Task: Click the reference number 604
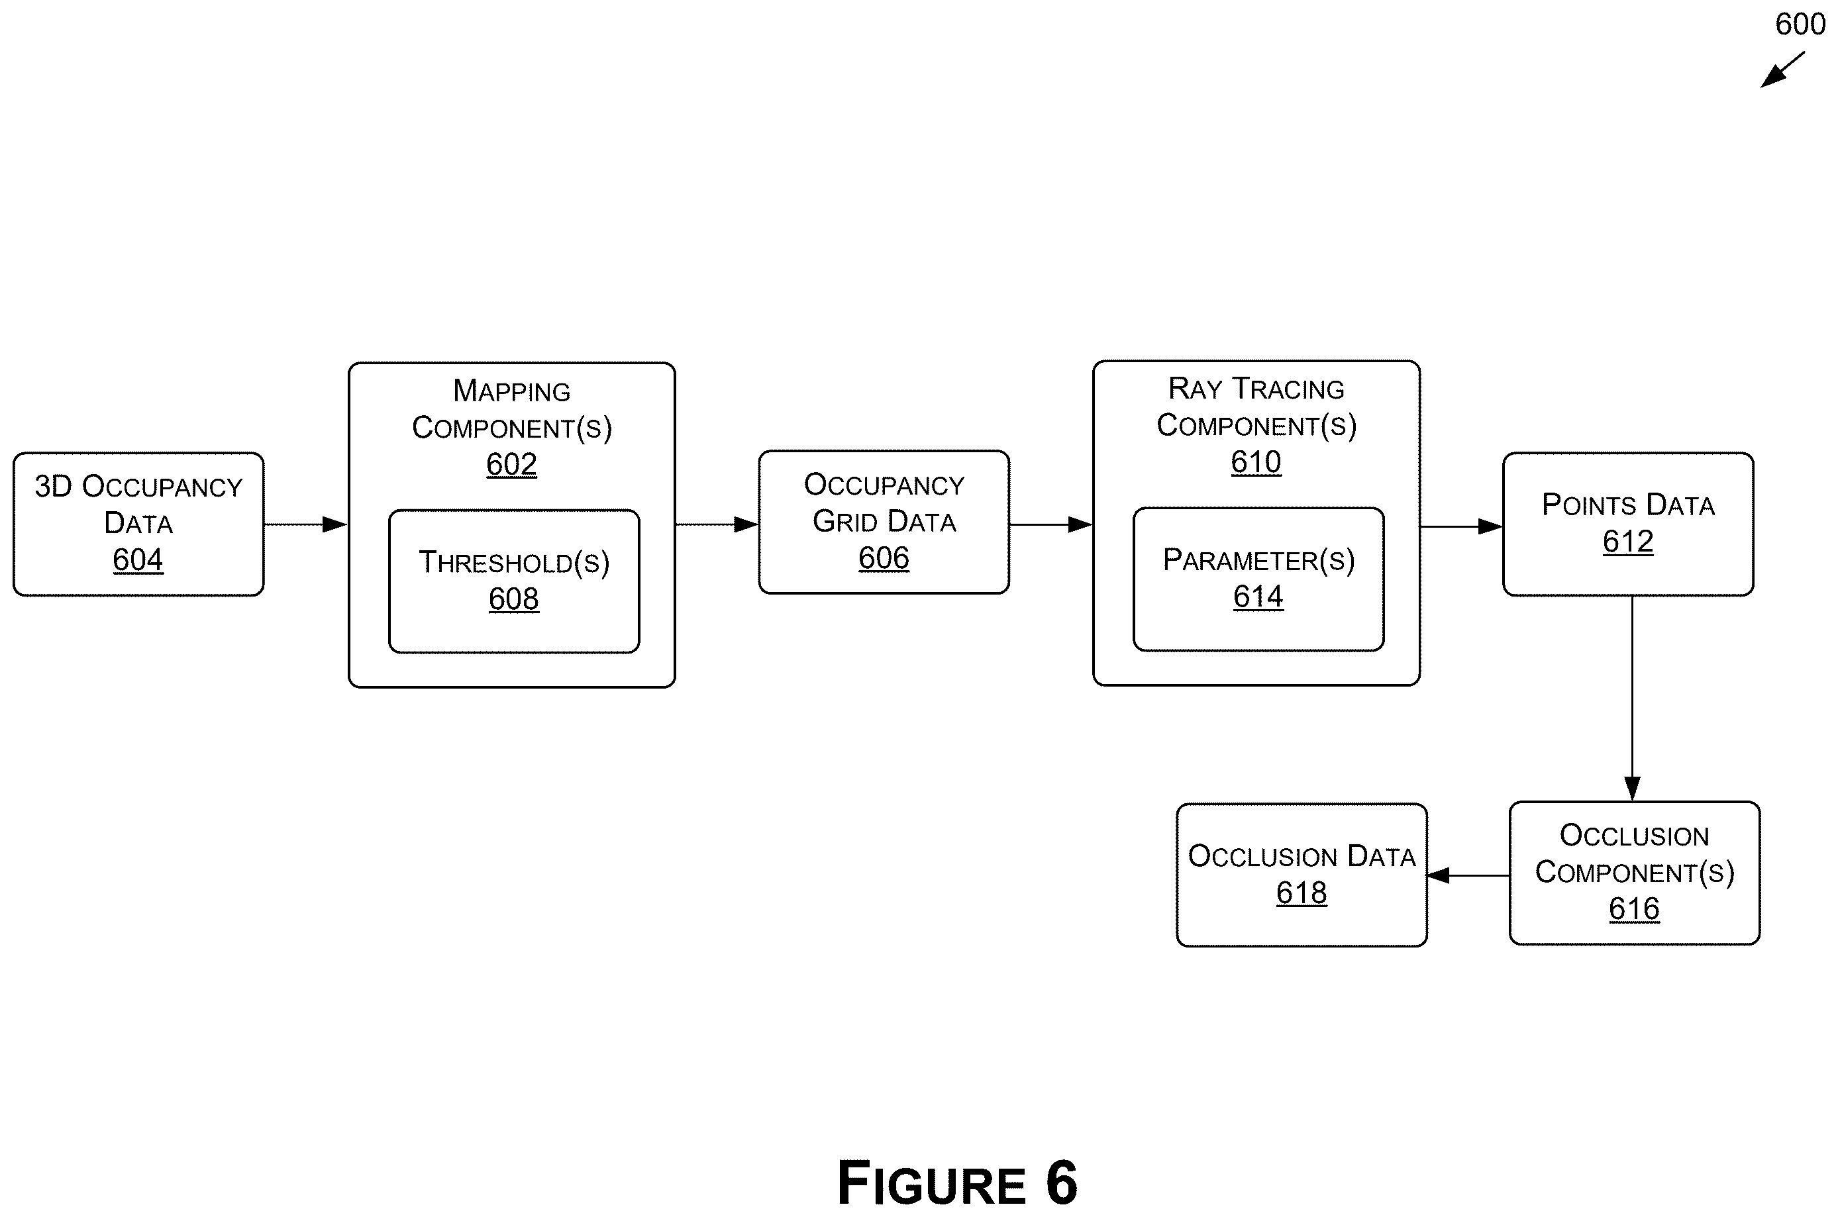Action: [138, 560]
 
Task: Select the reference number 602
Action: [511, 464]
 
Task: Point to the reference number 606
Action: [884, 558]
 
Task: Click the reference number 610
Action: [1256, 462]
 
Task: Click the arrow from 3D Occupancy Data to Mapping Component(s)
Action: [306, 524]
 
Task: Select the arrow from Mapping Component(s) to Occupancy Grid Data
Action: [717, 524]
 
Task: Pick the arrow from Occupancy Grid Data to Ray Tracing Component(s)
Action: [1051, 524]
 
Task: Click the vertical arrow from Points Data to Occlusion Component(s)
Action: [1632, 699]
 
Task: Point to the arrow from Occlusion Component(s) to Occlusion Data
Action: [1468, 875]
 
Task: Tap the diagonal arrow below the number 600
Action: [1782, 70]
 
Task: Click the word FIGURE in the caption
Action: [932, 1184]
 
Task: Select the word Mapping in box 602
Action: [511, 391]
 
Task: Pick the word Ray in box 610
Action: [1196, 388]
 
